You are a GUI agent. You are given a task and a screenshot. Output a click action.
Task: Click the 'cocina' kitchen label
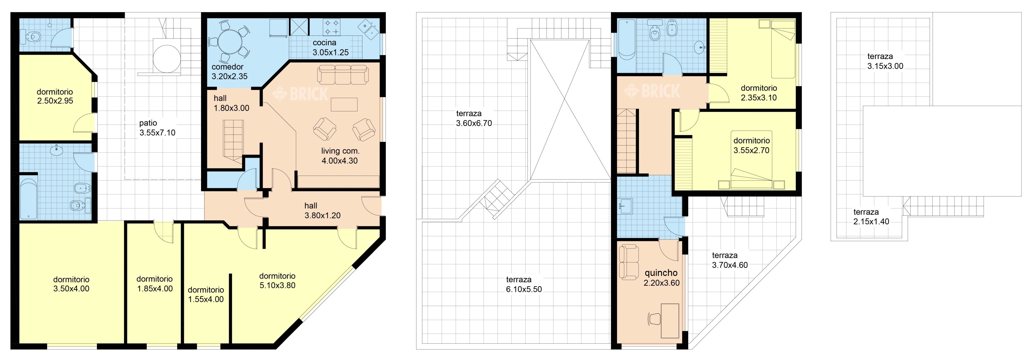point(324,42)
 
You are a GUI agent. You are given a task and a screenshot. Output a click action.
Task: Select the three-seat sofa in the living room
point(343,75)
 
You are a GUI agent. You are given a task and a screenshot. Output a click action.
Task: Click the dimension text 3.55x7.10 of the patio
point(157,133)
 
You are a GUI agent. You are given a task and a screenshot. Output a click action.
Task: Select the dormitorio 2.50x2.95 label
point(55,96)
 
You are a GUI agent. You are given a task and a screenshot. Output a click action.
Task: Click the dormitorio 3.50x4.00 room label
point(71,284)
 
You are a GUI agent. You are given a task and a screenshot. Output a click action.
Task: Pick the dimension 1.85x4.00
point(155,289)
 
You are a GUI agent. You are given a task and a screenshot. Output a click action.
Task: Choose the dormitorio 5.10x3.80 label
point(277,281)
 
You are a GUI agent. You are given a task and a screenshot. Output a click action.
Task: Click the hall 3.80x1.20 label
point(322,210)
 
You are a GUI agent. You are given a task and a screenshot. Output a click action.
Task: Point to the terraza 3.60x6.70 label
point(474,118)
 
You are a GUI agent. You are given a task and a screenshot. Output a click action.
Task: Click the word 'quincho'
point(661,273)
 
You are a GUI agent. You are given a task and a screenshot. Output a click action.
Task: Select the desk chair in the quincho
point(654,319)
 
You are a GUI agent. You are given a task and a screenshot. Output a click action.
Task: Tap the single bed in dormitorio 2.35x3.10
point(783,49)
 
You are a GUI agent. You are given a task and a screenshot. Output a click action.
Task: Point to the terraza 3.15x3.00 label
point(885,61)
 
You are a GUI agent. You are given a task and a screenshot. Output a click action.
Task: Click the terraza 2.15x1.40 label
point(871,217)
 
